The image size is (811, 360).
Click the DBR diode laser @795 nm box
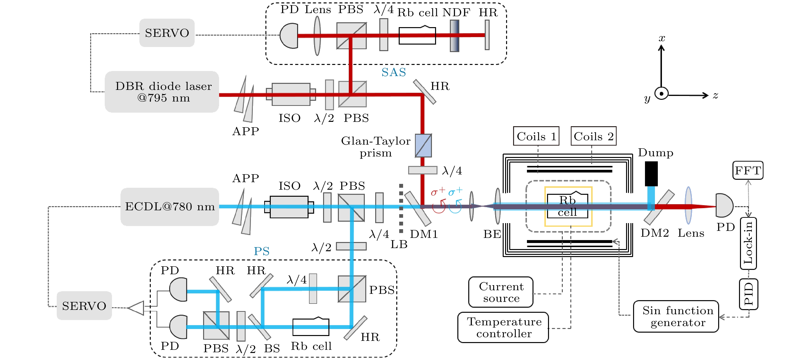[x=162, y=92]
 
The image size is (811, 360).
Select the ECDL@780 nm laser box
[x=170, y=206]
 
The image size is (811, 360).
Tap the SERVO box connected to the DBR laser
[x=167, y=33]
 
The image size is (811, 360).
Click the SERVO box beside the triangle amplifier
[x=84, y=305]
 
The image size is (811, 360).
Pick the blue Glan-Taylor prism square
[x=423, y=145]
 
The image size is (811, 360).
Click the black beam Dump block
[x=651, y=174]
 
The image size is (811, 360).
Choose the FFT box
[x=748, y=170]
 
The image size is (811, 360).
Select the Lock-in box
[x=748, y=243]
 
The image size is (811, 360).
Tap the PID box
[x=748, y=294]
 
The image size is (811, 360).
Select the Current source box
[x=501, y=292]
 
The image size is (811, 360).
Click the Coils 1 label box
[x=536, y=136]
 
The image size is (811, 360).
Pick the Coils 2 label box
[x=593, y=136]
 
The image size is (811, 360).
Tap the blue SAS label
[x=394, y=72]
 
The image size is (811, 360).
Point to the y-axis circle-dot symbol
[x=661, y=94]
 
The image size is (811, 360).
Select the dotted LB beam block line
[x=401, y=209]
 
